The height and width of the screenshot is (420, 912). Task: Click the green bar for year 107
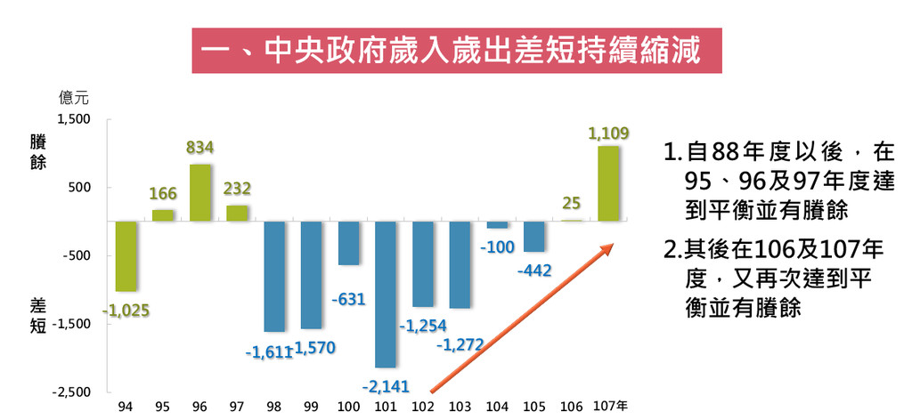(x=609, y=183)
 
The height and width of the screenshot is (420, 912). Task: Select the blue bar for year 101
(x=386, y=294)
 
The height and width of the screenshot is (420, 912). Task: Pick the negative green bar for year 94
(x=126, y=256)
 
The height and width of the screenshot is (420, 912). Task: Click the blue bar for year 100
(x=348, y=243)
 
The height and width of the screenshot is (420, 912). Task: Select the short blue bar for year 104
(x=497, y=224)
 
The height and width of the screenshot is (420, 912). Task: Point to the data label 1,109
(x=609, y=133)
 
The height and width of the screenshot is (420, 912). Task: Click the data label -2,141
(x=385, y=387)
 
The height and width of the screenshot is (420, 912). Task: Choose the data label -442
(x=534, y=270)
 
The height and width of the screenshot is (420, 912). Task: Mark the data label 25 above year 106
(x=572, y=204)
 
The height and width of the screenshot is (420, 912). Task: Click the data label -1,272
(x=460, y=343)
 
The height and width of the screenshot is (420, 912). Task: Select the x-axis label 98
(x=273, y=407)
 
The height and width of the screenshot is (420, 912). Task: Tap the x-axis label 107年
(x=610, y=407)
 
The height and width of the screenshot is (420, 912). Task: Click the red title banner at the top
(x=454, y=50)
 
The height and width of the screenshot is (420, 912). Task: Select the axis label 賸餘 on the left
(x=37, y=152)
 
